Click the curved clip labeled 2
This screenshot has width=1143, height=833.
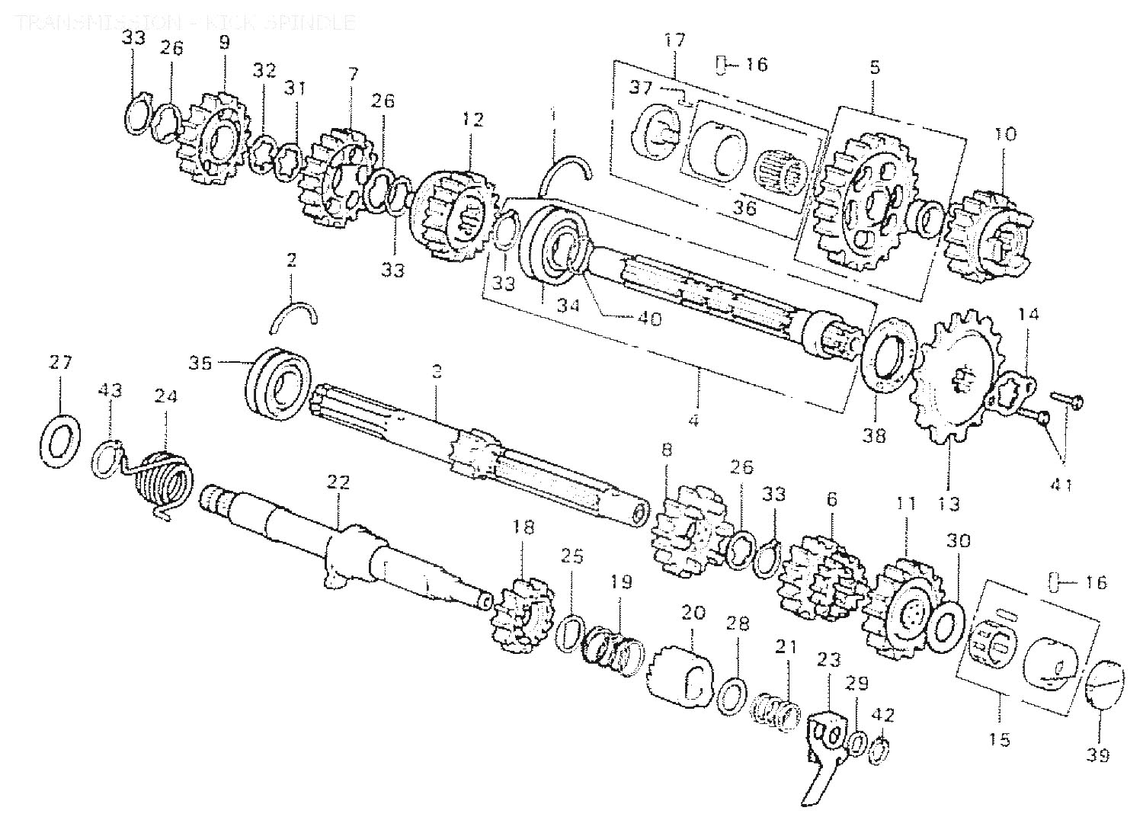point(294,314)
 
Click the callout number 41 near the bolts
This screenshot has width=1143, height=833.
point(1062,483)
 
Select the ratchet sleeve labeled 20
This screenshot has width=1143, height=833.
point(679,672)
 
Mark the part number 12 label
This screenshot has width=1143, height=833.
point(472,120)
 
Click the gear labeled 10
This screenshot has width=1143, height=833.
point(988,230)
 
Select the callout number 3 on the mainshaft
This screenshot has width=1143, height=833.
point(436,372)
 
